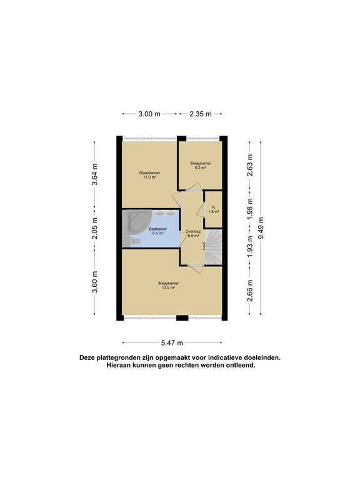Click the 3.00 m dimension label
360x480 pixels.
pos(149,114)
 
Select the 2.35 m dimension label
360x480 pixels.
pos(201,114)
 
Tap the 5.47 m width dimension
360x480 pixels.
pos(172,343)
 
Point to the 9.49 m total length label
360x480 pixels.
pos(261,228)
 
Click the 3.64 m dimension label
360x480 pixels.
pos(94,174)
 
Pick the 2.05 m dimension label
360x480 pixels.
pos(94,228)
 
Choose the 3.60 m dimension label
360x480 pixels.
pos(94,282)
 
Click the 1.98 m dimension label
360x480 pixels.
pos(250,209)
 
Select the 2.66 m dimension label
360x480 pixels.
pos(250,291)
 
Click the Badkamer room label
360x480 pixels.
pos(158,231)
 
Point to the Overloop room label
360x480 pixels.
pos(194,234)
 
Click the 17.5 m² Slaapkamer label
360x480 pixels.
pos(168,285)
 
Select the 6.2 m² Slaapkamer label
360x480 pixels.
pos(201,165)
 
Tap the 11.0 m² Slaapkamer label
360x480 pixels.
pos(150,175)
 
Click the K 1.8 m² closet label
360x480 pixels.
pos(214,209)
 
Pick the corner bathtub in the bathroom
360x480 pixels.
pos(137,221)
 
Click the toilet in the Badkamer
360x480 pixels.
pos(133,241)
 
